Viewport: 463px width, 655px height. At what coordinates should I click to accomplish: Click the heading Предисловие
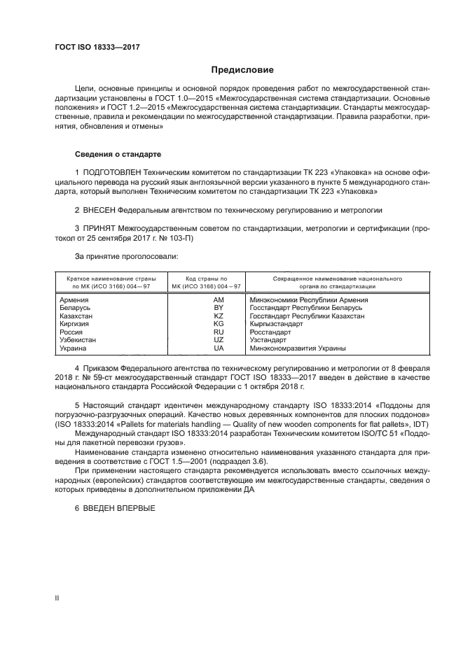243,70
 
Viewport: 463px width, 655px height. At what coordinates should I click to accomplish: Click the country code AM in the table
218,300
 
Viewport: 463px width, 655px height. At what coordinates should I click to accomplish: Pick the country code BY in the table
218,308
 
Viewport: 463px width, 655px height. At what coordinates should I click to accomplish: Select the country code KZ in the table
218,316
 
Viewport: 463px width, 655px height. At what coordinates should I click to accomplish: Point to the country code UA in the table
218,348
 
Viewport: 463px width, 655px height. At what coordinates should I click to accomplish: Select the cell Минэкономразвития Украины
298,348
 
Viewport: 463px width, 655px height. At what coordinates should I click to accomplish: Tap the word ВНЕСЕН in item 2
98,209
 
